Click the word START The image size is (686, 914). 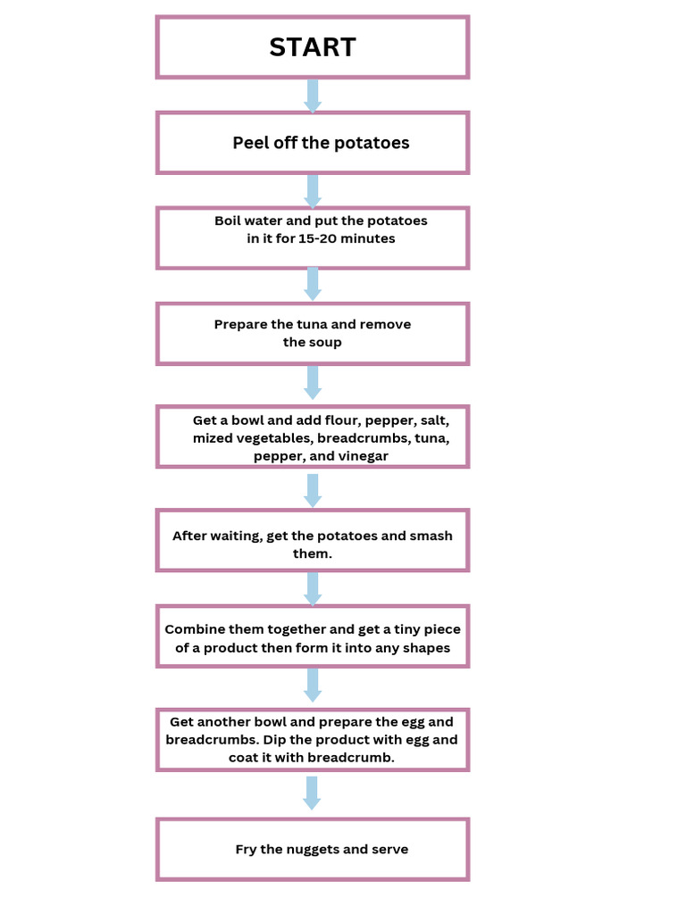click(x=313, y=47)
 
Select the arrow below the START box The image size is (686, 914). click(x=313, y=96)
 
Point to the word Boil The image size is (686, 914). click(x=229, y=220)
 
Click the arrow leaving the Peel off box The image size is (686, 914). click(x=313, y=190)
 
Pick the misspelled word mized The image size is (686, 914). click(x=212, y=438)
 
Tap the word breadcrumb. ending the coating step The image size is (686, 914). click(x=351, y=757)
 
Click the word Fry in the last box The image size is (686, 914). click(x=247, y=849)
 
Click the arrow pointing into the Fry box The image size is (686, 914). click(x=312, y=793)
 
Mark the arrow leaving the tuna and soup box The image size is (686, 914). click(x=313, y=381)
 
